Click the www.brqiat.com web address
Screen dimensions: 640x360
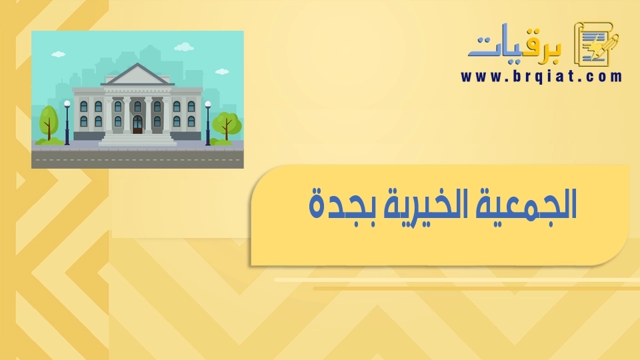click(x=541, y=76)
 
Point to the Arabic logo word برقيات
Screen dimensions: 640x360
click(x=515, y=45)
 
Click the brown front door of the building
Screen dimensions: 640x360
click(x=137, y=125)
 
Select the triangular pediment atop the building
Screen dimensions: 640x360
click(x=137, y=74)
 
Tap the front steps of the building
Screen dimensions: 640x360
click(x=137, y=139)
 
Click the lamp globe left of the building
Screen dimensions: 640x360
click(x=67, y=104)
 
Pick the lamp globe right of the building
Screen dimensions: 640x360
click(x=208, y=105)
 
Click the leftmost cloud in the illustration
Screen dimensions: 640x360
click(x=58, y=54)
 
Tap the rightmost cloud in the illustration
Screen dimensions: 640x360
click(x=221, y=72)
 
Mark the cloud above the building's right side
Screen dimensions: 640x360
click(x=184, y=47)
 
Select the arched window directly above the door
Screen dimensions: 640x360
click(x=137, y=107)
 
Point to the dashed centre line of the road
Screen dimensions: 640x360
click(x=137, y=160)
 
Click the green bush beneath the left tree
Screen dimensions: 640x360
click(x=49, y=141)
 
